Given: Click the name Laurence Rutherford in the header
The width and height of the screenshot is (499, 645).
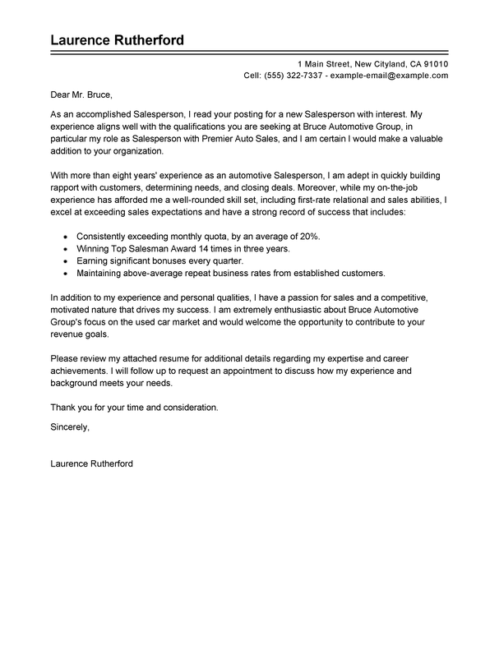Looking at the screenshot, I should pos(116,40).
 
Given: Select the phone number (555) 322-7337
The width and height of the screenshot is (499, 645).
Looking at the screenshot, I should pos(294,76).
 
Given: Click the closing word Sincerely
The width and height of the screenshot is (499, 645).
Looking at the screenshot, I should pos(70,428).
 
